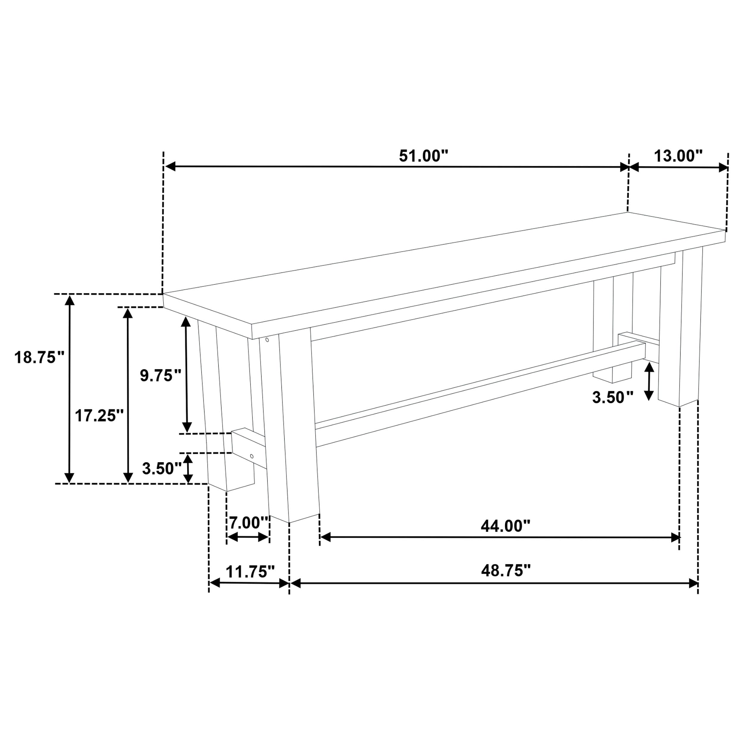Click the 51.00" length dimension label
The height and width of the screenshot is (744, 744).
tap(423, 156)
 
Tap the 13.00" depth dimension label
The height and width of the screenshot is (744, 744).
tap(678, 156)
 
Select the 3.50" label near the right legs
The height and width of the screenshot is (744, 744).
tap(612, 397)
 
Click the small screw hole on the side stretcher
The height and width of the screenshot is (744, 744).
tap(252, 456)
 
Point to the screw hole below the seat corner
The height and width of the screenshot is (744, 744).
tap(267, 340)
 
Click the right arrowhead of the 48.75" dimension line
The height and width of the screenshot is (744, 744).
tap(693, 583)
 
